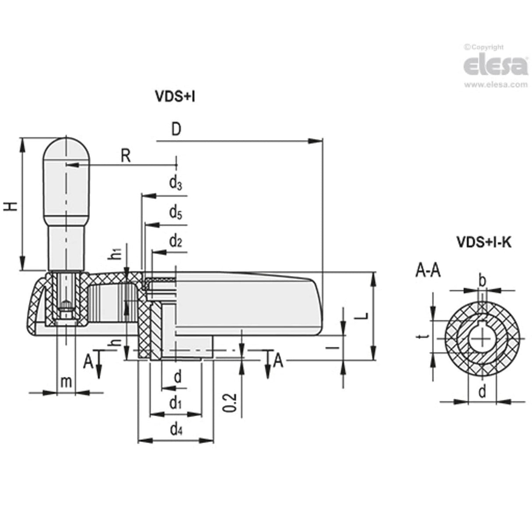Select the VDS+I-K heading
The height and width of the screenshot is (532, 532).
pyautogui.click(x=484, y=242)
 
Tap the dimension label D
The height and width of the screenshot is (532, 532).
pyautogui.click(x=176, y=130)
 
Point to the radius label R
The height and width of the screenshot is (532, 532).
pyautogui.click(x=126, y=156)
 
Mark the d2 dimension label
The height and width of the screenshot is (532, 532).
pyautogui.click(x=176, y=241)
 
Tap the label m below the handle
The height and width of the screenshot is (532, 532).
pyautogui.click(x=66, y=382)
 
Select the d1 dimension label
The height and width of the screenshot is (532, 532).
pyautogui.click(x=176, y=403)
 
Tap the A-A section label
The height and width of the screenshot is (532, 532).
pyautogui.click(x=428, y=271)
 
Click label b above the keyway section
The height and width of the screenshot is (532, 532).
pyautogui.click(x=482, y=280)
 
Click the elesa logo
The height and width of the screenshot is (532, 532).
pyautogui.click(x=495, y=66)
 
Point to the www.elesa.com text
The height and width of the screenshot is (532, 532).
pyautogui.click(x=496, y=85)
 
